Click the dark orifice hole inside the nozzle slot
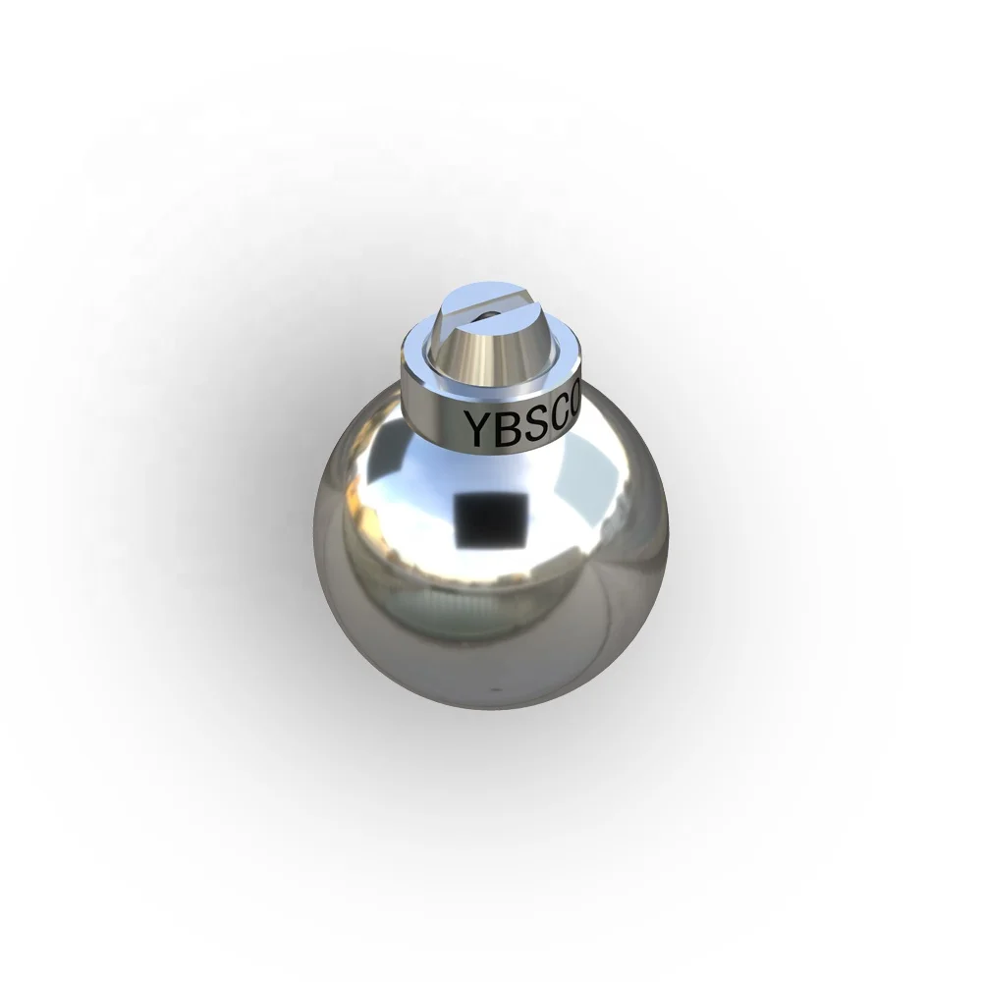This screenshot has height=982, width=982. (x=482, y=315)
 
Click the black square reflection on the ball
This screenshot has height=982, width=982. (x=488, y=519)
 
